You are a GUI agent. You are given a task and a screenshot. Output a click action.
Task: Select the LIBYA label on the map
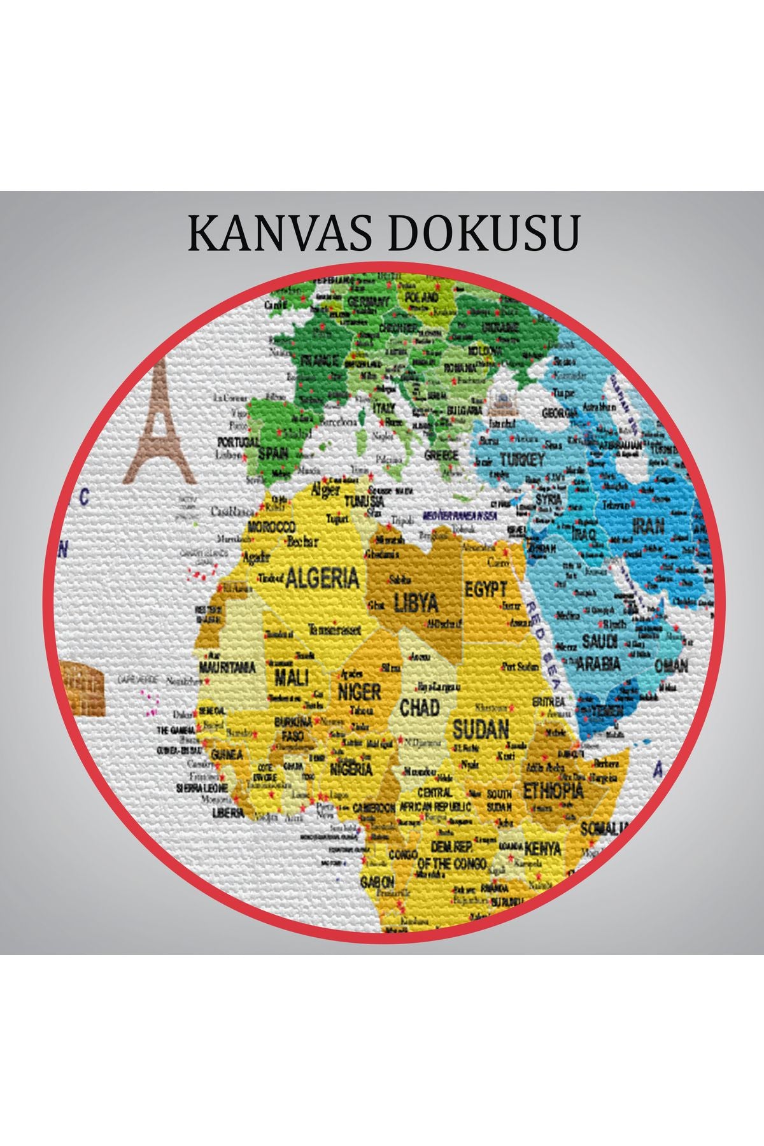[x=416, y=602]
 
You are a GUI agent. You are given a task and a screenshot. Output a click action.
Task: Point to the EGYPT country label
[x=486, y=588]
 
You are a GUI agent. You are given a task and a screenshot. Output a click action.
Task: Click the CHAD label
[x=420, y=707]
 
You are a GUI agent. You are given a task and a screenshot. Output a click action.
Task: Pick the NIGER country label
[x=360, y=691]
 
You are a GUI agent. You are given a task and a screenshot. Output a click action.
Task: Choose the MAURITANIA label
[x=227, y=668]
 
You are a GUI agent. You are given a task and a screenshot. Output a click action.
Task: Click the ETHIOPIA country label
[x=553, y=791]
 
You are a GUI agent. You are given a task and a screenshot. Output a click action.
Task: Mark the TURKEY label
[x=522, y=460]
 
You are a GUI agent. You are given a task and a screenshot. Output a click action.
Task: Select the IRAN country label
[x=648, y=526]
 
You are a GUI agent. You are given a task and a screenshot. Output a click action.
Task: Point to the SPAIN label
[x=272, y=454]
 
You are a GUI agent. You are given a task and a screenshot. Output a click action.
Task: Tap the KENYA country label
[x=543, y=849]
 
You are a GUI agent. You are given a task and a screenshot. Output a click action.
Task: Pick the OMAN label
[x=672, y=666]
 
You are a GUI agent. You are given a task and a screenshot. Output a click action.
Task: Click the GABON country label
[x=378, y=882]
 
